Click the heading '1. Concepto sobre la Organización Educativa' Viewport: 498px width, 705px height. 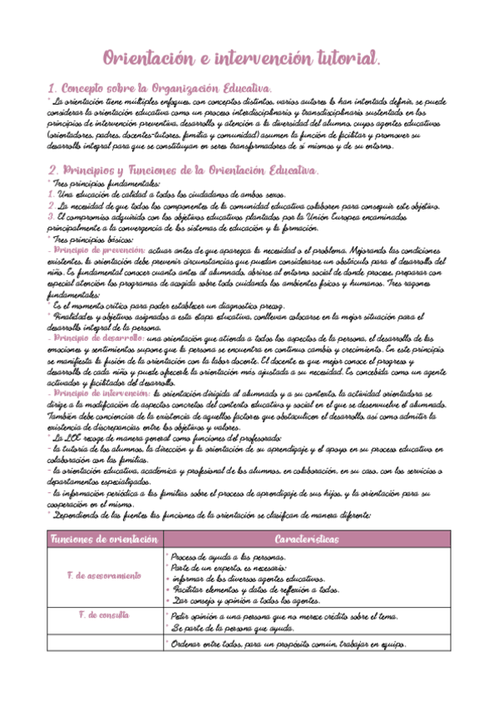click(x=160, y=88)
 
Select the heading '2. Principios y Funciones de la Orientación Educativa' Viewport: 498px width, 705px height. click(x=184, y=170)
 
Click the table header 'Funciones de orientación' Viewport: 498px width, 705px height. click(x=103, y=540)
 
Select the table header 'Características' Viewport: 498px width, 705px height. click(x=305, y=540)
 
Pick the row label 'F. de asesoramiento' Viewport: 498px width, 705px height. click(x=103, y=576)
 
